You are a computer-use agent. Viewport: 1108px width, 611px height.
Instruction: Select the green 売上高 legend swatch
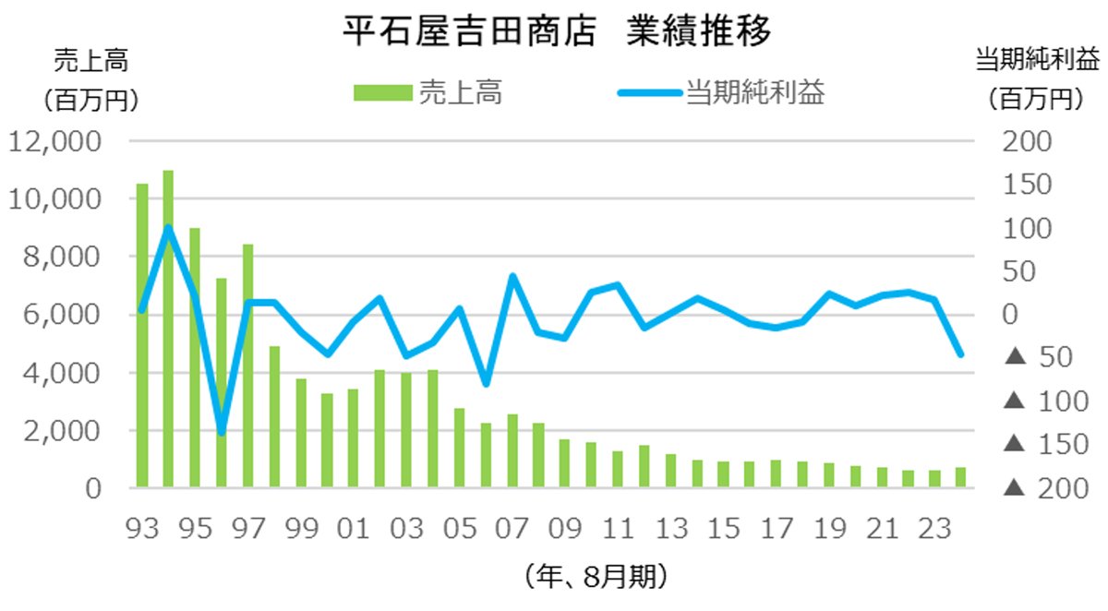[x=380, y=93]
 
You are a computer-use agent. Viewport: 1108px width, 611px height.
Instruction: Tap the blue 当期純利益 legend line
[x=647, y=93]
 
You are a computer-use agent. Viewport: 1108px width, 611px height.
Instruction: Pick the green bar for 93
[x=142, y=334]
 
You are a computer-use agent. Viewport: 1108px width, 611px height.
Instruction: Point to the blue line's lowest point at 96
[x=222, y=432]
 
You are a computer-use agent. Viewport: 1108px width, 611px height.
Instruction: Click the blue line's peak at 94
[x=168, y=227]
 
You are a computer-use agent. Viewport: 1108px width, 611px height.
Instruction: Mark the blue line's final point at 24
[x=961, y=353]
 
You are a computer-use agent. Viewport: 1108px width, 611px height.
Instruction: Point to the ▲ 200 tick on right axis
[x=1038, y=489]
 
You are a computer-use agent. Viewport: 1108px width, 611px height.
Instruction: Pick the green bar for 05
[x=459, y=448]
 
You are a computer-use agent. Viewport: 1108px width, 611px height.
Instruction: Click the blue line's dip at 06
[x=486, y=383]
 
